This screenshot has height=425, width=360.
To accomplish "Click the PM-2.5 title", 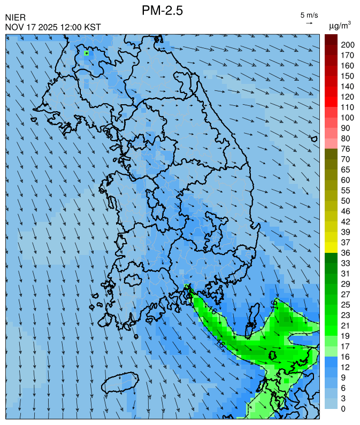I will (x=163, y=10).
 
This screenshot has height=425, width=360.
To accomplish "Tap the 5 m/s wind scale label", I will (x=309, y=14).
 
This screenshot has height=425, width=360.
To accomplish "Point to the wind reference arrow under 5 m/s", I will (x=309, y=23).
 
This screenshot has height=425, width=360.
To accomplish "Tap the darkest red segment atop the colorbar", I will (x=331, y=39).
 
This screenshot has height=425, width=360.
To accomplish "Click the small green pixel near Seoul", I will (x=86, y=53).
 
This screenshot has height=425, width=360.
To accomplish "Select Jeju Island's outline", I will (x=118, y=383).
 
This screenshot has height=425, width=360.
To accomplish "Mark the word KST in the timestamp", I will (x=93, y=27).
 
